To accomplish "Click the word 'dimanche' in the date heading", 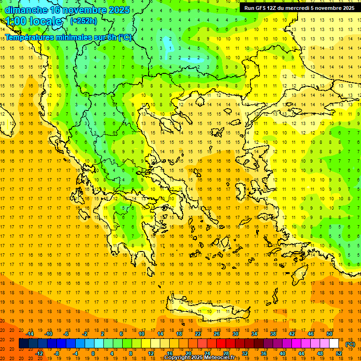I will click(26, 10).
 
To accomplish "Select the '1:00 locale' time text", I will click(34, 21).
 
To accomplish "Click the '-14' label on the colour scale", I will click(30, 334).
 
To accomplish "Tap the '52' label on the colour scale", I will click(339, 353).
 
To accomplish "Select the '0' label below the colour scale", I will click(93, 353).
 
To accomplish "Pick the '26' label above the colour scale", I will click(217, 334).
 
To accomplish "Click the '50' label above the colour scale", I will click(330, 334).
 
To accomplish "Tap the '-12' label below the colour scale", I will click(39, 353).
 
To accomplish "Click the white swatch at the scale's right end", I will click(334, 344).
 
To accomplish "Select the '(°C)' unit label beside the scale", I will click(350, 344).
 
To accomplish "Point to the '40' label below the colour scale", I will click(283, 353).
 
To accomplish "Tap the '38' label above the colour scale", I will click(273, 334).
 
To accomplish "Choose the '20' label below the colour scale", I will click(188, 353).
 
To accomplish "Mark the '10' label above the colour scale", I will click(141, 334).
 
